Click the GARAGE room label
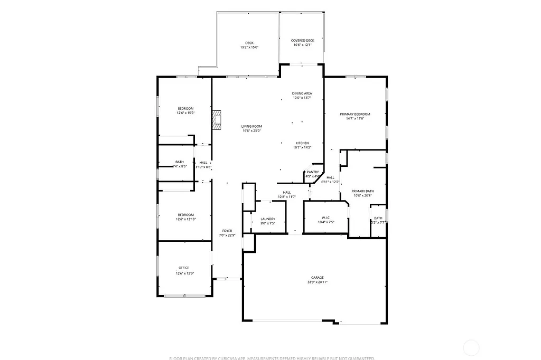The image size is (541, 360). pyautogui.click(x=317, y=278)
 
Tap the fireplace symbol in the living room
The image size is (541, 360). pyautogui.click(x=217, y=120)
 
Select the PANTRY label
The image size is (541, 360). pyautogui.click(x=313, y=172)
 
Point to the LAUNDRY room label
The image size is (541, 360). pyautogui.click(x=268, y=219)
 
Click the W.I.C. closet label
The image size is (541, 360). pyautogui.click(x=326, y=218)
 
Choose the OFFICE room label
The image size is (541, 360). pyautogui.click(x=184, y=268)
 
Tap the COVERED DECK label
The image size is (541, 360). pyautogui.click(x=303, y=41)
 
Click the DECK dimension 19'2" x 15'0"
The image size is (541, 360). pyautogui.click(x=249, y=48)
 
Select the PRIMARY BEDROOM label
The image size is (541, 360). pyautogui.click(x=355, y=114)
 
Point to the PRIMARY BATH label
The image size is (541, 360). pyautogui.click(x=362, y=191)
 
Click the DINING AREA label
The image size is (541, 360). pyautogui.click(x=302, y=93)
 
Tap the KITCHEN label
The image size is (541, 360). pyautogui.click(x=302, y=143)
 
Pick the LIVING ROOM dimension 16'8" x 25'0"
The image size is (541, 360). pyautogui.click(x=252, y=130)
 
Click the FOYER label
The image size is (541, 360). pyautogui.click(x=227, y=231)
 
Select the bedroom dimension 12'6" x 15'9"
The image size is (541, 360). pyautogui.click(x=185, y=112)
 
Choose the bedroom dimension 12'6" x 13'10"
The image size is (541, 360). pyautogui.click(x=185, y=219)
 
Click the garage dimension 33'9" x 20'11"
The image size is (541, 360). pyautogui.click(x=317, y=282)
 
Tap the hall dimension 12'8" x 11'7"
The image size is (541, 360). pyautogui.click(x=287, y=197)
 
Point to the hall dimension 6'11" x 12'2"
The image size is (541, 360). pyautogui.click(x=330, y=182)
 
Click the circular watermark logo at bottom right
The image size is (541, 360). pyautogui.click(x=471, y=347)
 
